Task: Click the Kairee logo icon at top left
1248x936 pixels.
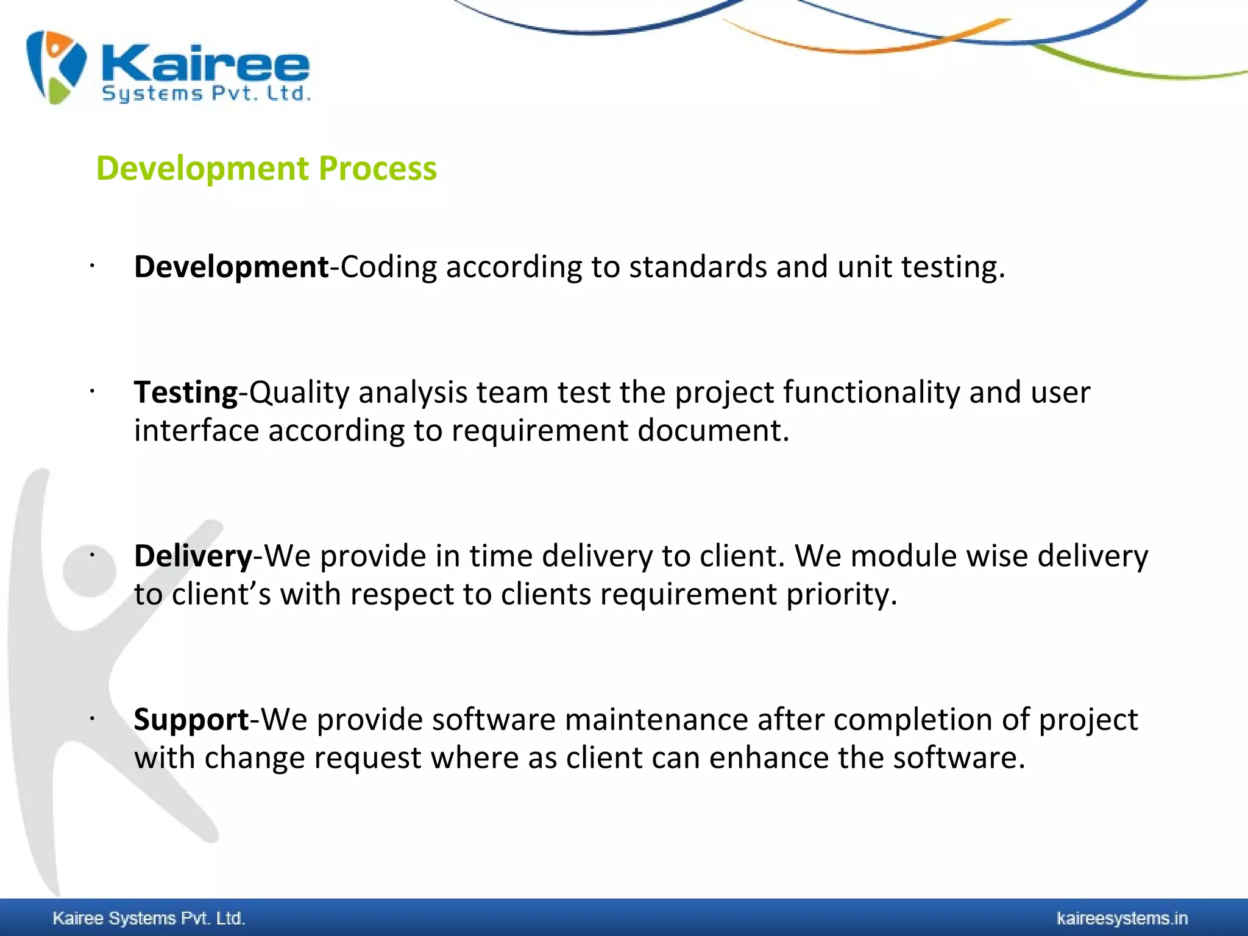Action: coord(56,67)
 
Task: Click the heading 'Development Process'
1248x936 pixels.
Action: coord(266,168)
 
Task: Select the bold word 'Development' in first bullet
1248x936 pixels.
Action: coord(232,267)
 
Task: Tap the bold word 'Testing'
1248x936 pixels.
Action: coord(186,392)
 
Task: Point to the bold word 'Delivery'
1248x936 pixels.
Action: coord(193,556)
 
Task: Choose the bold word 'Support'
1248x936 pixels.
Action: coord(191,719)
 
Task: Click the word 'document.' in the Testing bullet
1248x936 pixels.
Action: coord(714,430)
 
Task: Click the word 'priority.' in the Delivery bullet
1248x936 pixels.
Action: coord(842,594)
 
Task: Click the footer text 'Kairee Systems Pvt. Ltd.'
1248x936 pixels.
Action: coord(149,918)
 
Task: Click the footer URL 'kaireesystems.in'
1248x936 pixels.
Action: coord(1122,918)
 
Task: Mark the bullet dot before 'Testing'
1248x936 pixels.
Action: coord(91,391)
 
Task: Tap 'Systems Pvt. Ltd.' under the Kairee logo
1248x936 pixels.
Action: coord(206,94)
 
